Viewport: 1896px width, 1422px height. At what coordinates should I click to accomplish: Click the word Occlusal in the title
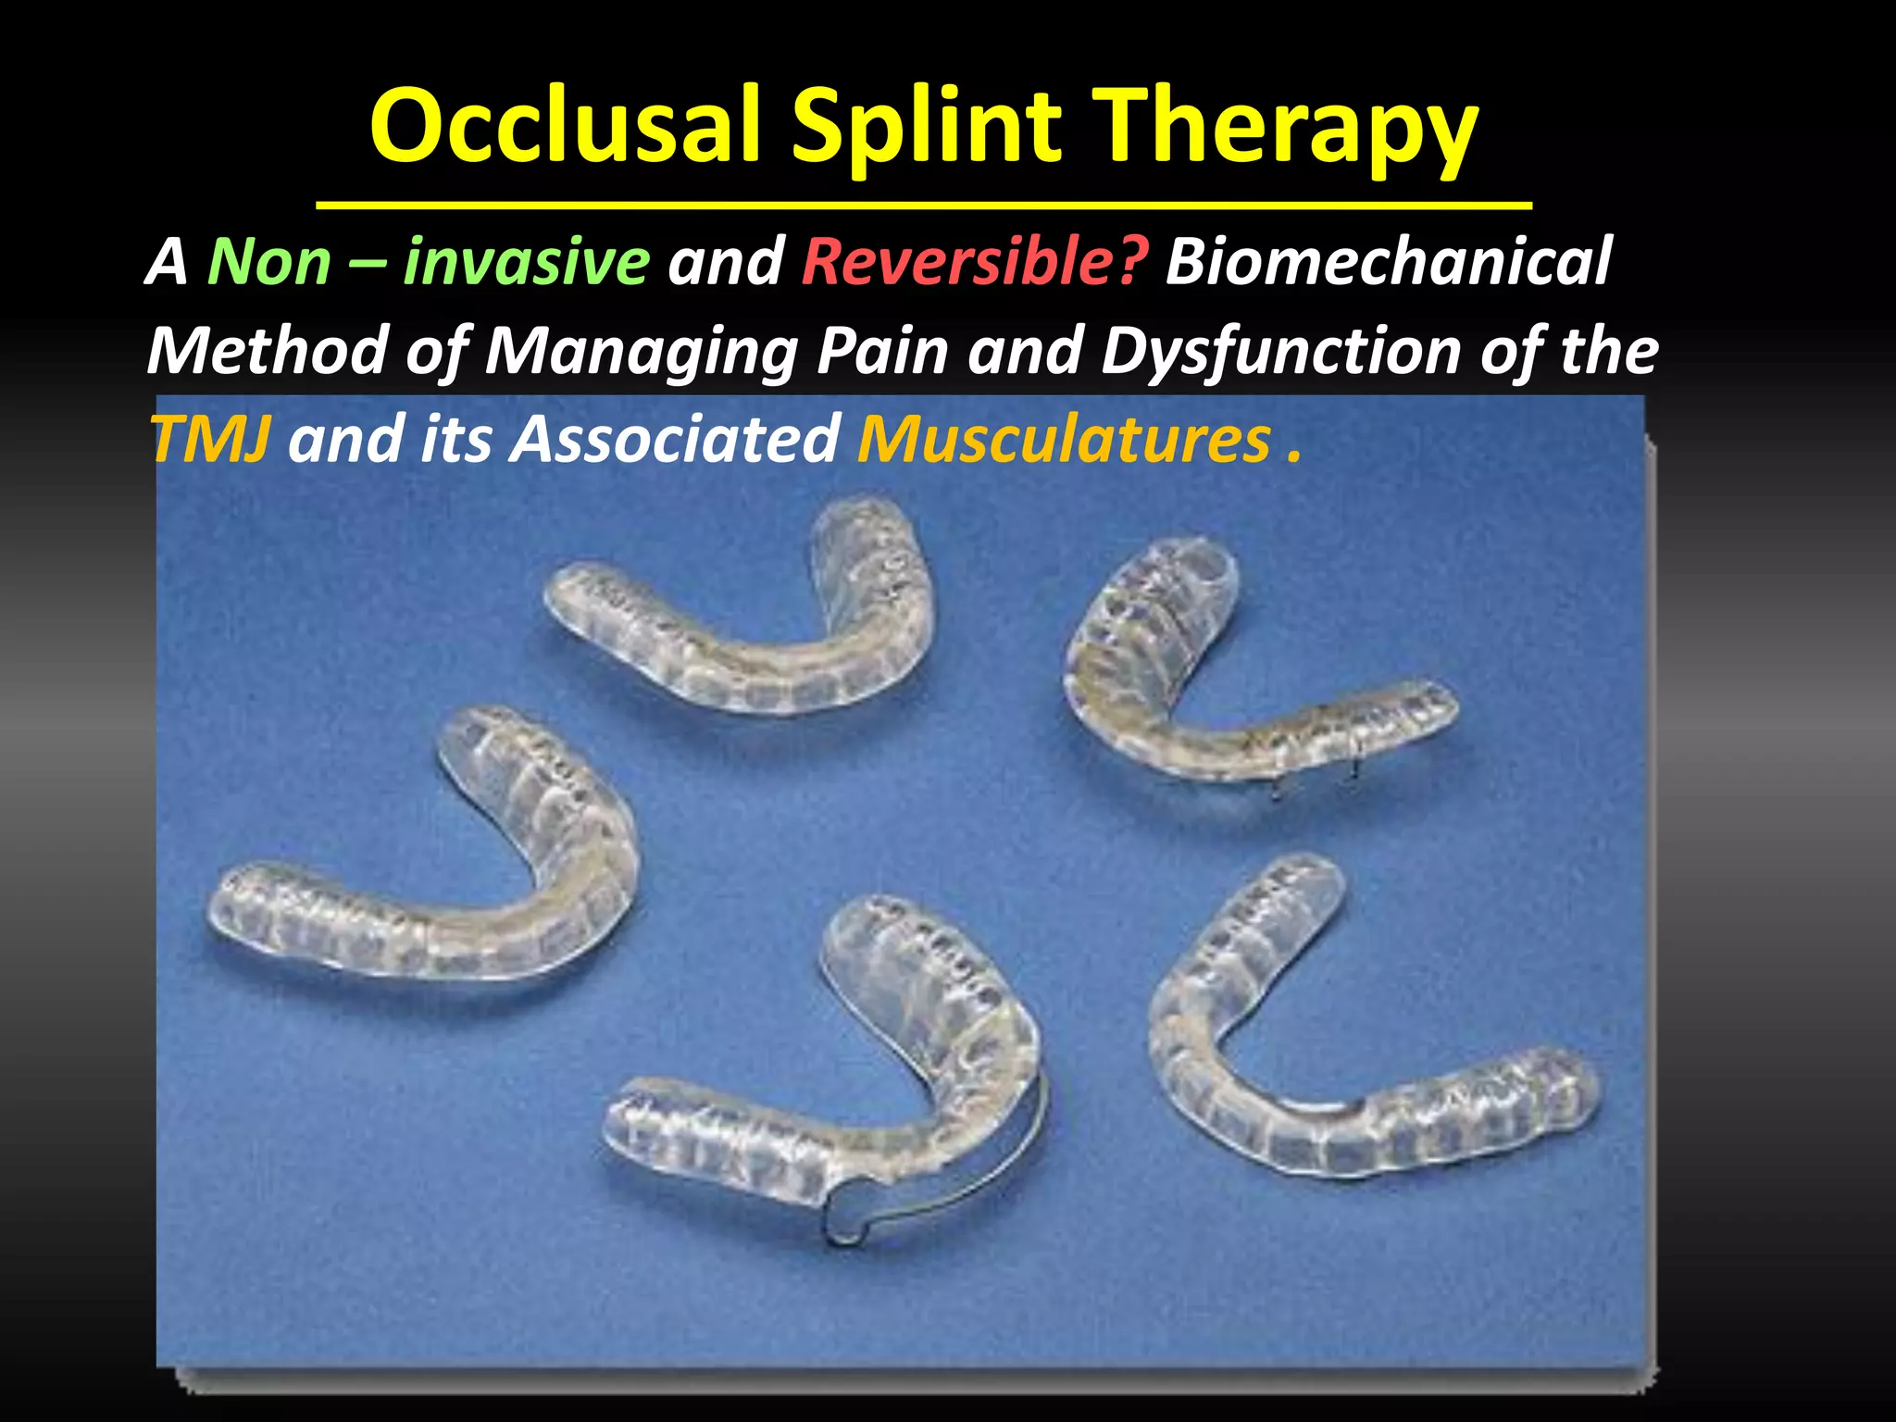point(567,127)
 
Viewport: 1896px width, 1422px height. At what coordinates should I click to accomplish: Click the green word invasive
point(526,262)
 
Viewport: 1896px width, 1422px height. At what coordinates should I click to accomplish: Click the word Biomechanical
point(1389,262)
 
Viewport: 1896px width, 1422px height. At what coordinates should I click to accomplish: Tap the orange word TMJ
point(210,439)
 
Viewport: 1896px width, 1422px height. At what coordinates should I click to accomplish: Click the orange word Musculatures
point(1065,439)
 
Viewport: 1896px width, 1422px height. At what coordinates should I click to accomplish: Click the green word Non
point(268,262)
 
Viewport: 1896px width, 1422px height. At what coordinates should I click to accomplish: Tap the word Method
point(268,352)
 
